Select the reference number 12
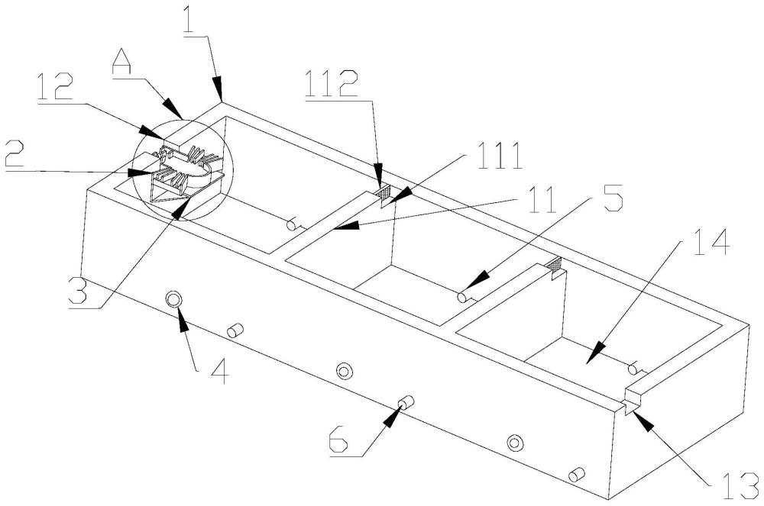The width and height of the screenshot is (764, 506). click(x=57, y=87)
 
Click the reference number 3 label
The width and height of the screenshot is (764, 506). click(x=78, y=292)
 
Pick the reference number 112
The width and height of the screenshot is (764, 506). click(x=332, y=85)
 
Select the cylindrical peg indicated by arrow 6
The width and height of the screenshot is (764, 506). click(x=406, y=402)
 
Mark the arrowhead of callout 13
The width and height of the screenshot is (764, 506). click(x=640, y=420)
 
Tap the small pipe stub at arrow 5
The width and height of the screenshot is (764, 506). click(x=464, y=297)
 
